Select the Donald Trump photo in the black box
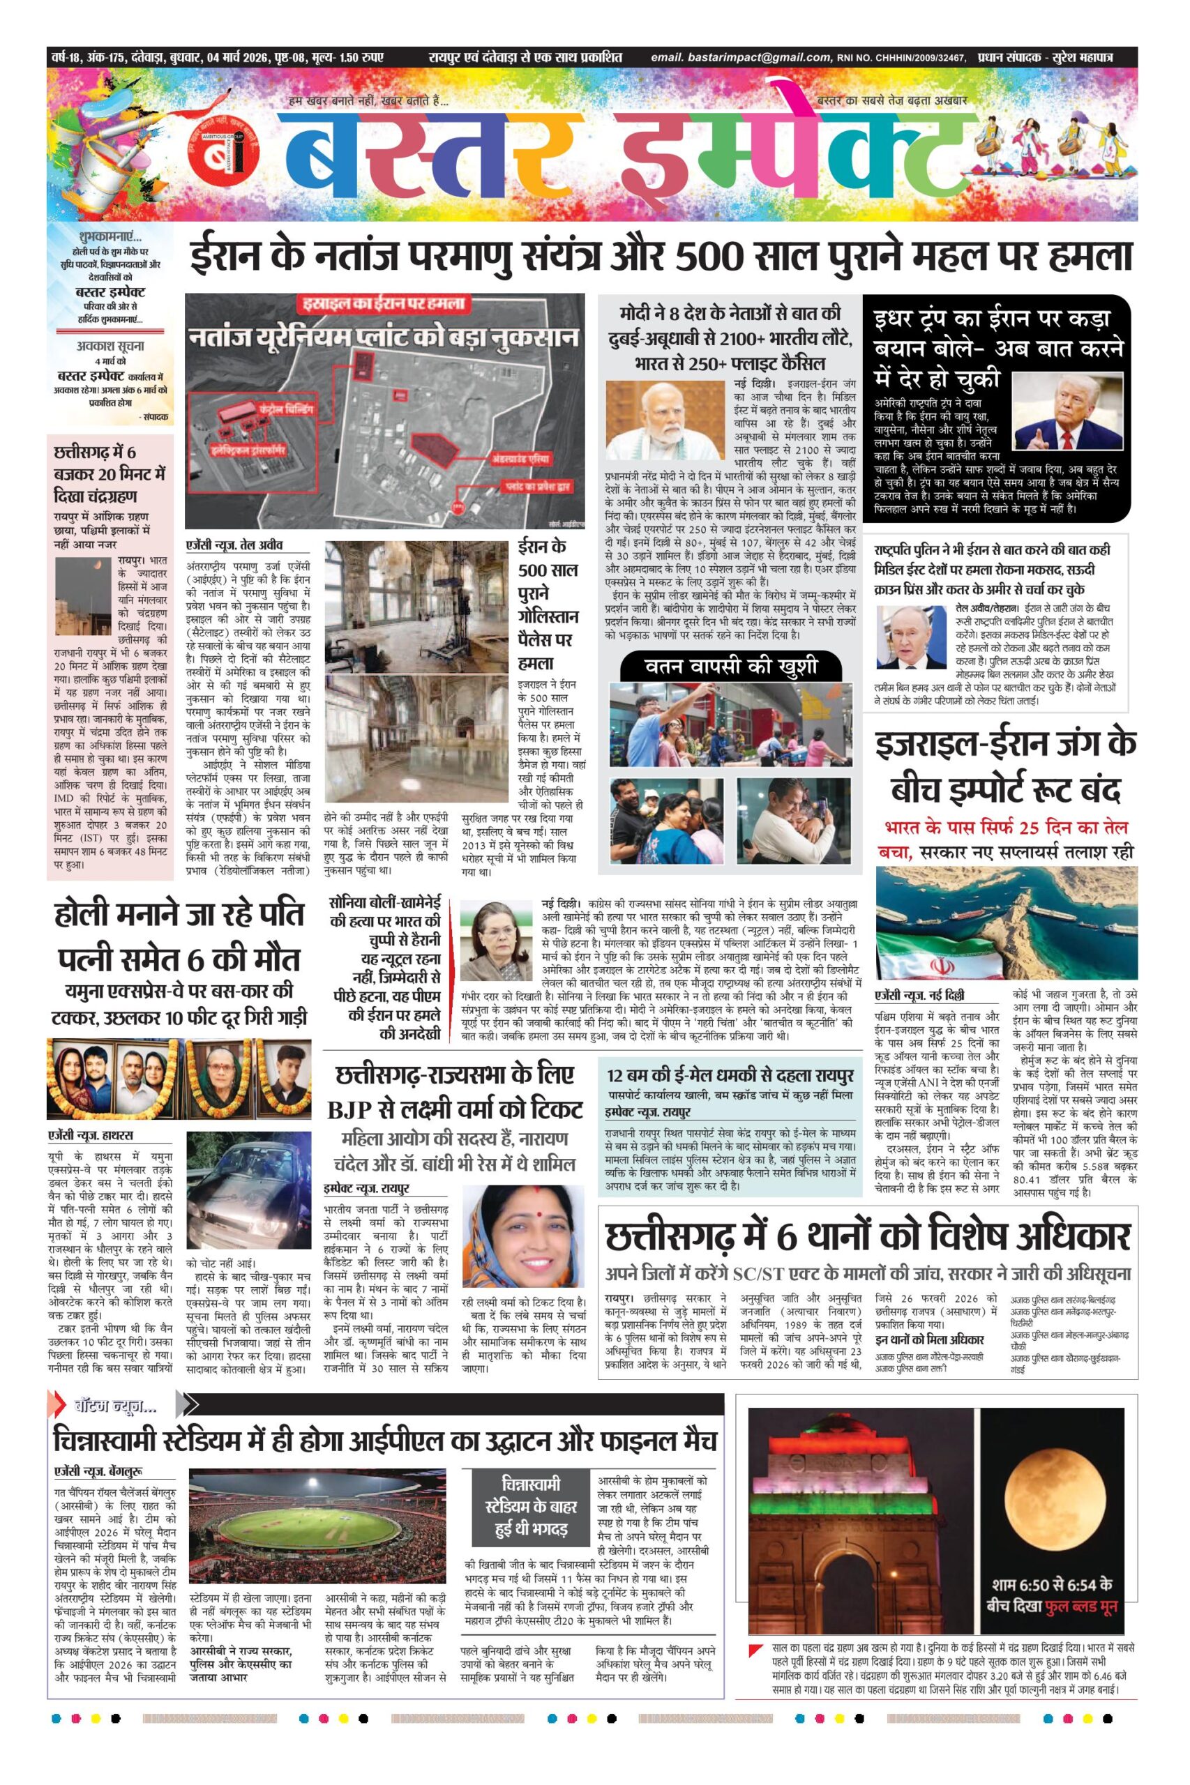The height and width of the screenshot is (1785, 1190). click(1067, 411)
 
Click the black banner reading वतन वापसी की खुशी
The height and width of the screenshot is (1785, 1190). click(731, 666)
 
